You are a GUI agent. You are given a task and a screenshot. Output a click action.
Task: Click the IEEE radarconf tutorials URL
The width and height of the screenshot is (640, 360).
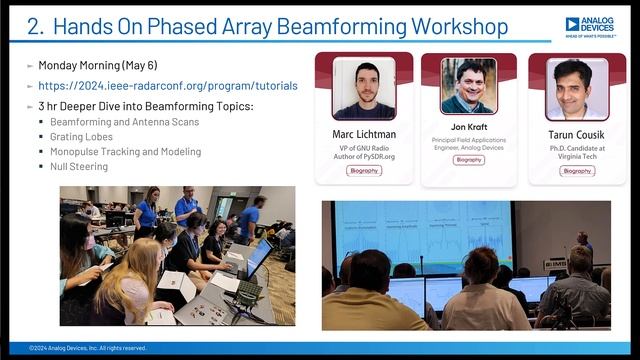[x=167, y=86]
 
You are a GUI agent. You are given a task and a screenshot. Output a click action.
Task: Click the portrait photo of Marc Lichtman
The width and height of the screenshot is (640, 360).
[x=363, y=89]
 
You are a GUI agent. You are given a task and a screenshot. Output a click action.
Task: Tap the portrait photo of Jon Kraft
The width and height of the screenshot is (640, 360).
[x=468, y=86]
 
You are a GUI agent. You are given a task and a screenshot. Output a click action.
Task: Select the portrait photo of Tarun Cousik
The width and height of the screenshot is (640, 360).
[x=576, y=89]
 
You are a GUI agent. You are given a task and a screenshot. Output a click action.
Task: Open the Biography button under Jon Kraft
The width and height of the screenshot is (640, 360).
[x=468, y=160]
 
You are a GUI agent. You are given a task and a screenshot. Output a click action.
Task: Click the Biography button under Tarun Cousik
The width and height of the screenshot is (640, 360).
[x=577, y=171]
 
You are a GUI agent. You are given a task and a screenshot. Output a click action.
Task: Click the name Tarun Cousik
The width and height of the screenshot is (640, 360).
[x=577, y=134]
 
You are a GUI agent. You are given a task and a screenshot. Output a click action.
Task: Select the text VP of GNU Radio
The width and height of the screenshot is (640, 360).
[x=364, y=148]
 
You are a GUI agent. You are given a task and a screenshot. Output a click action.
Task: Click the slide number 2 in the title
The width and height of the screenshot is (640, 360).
[x=34, y=27]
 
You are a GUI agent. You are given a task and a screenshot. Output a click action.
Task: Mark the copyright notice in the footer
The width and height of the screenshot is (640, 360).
[x=88, y=348]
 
